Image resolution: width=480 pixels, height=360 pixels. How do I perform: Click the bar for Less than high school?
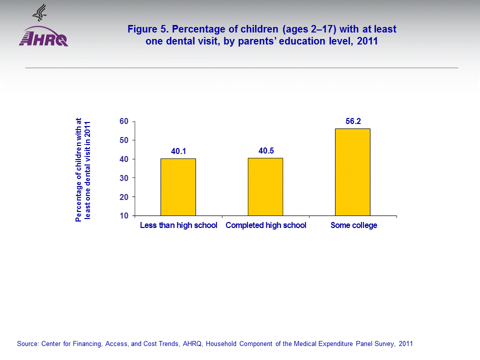[x=178, y=187]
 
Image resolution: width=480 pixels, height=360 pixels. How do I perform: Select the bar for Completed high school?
[x=265, y=186]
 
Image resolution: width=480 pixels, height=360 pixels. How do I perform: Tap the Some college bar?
[x=352, y=172]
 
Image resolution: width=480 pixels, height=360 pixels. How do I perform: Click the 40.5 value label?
[x=265, y=149]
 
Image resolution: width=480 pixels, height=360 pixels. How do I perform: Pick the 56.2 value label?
[x=353, y=120]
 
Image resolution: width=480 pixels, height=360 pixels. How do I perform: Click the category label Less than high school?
[x=178, y=225]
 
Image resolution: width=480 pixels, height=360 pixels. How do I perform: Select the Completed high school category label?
[x=266, y=225]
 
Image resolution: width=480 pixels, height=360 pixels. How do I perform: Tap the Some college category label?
[x=353, y=225]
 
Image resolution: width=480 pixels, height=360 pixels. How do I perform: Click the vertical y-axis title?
[x=83, y=169]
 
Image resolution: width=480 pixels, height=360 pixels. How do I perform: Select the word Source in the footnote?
[x=27, y=344]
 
